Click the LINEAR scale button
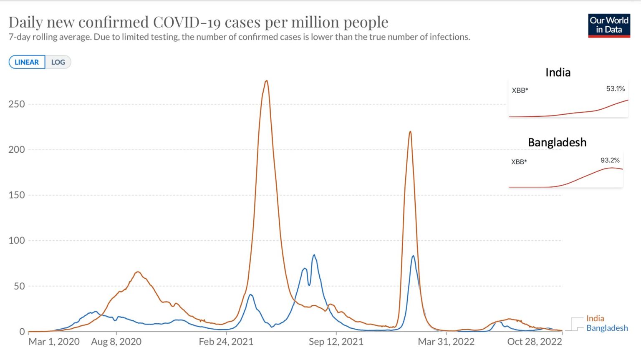[x=27, y=62]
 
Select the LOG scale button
[x=58, y=62]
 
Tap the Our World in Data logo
[x=609, y=25]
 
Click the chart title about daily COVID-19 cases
[x=198, y=22]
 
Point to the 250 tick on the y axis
[x=17, y=104]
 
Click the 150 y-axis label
[x=17, y=195]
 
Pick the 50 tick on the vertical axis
[x=19, y=286]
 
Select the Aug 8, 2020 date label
[x=116, y=342]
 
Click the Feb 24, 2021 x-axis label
[x=226, y=342]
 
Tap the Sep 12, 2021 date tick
[x=336, y=342]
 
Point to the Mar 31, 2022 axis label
[x=446, y=342]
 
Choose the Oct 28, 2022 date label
[x=535, y=342]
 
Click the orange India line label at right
[x=595, y=318]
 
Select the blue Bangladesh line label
[x=607, y=328]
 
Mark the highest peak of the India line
[x=266, y=81]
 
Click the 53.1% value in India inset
[x=615, y=88]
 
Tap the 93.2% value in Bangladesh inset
[x=610, y=160]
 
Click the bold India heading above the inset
[x=558, y=73]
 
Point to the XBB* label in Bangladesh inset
[x=519, y=162]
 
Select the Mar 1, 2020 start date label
[x=54, y=342]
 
